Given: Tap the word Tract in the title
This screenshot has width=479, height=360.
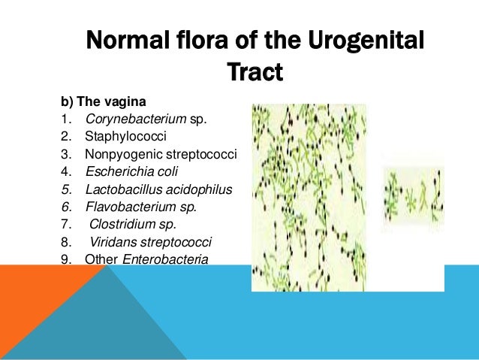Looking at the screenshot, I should click(255, 73).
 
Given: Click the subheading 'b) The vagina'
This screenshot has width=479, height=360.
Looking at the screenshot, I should click(98, 101).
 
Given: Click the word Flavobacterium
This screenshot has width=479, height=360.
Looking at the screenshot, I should click(127, 207).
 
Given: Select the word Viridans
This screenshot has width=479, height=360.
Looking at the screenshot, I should click(113, 242).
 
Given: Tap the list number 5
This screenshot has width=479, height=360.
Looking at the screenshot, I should click(67, 189).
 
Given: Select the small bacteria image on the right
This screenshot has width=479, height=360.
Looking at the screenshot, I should click(413, 192).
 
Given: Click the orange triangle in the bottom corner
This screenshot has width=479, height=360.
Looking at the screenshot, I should click(38, 316).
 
